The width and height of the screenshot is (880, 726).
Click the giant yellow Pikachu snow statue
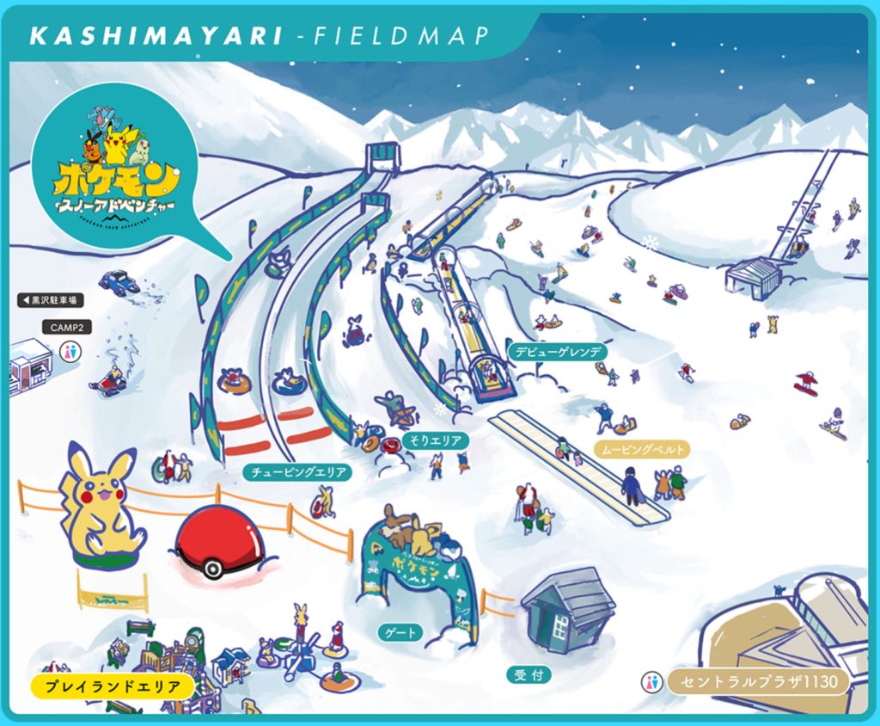[99, 508]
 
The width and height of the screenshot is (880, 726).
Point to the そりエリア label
[436, 441]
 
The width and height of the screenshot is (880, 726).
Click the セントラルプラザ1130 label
[757, 682]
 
